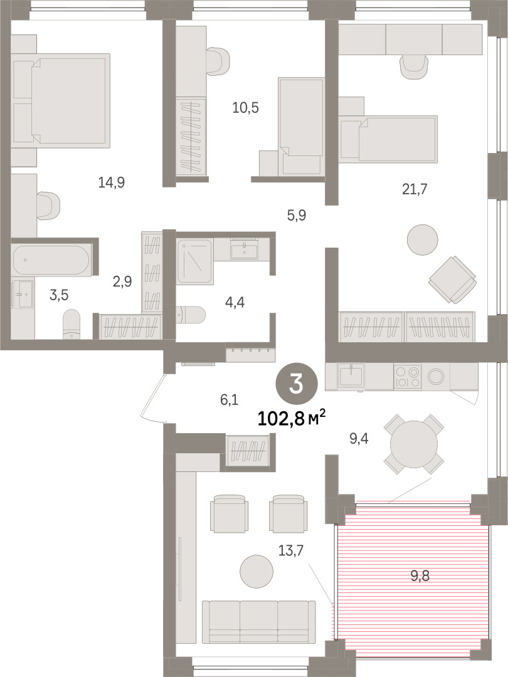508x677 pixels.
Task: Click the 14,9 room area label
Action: (x=112, y=182)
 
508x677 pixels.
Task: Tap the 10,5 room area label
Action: (x=245, y=108)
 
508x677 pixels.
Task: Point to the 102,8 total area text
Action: (x=292, y=418)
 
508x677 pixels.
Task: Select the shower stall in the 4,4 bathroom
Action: (x=194, y=261)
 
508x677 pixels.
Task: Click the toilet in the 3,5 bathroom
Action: (x=71, y=324)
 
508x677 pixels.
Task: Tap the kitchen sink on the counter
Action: (x=351, y=375)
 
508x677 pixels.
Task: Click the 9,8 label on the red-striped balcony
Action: (x=420, y=576)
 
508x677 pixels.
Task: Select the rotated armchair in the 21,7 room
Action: (x=452, y=280)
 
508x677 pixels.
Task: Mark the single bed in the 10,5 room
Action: (x=301, y=127)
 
